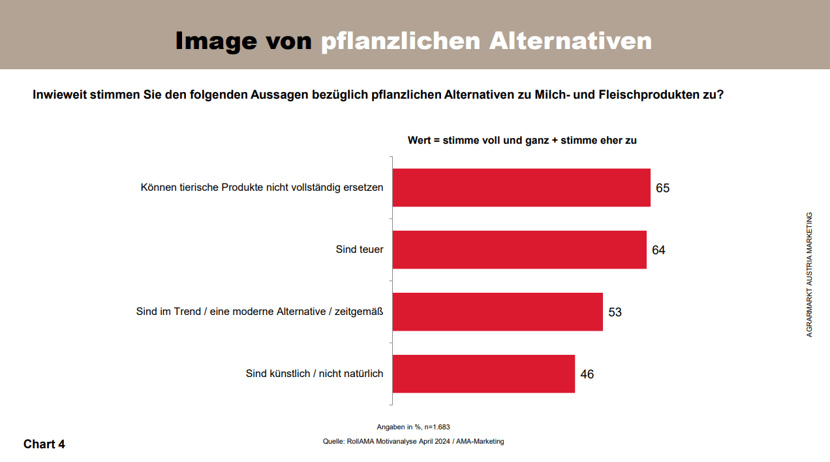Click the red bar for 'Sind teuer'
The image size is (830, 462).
tap(519, 250)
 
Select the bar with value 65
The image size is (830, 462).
tap(521, 188)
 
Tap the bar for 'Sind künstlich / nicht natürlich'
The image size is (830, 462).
tap(484, 374)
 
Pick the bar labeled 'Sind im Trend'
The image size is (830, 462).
tap(497, 312)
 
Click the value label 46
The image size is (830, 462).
tap(587, 374)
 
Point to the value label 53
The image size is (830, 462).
tap(615, 312)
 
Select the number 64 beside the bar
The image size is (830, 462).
tap(658, 250)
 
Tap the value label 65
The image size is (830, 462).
tap(662, 188)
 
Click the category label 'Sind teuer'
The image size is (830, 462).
tap(360, 250)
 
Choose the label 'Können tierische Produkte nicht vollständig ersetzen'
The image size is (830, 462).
tap(262, 188)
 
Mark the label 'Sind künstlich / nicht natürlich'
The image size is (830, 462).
tap(314, 374)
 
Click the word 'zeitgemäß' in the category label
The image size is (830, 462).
tap(358, 312)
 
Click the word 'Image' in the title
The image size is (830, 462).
tap(215, 41)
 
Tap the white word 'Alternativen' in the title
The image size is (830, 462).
tap(570, 41)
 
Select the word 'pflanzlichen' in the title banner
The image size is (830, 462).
tap(401, 41)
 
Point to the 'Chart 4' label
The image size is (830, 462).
tap(44, 444)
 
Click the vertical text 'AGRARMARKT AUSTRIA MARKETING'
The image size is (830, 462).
tap(809, 274)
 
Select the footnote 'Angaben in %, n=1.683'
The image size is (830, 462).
tap(413, 427)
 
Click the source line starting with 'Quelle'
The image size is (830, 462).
tap(413, 442)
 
